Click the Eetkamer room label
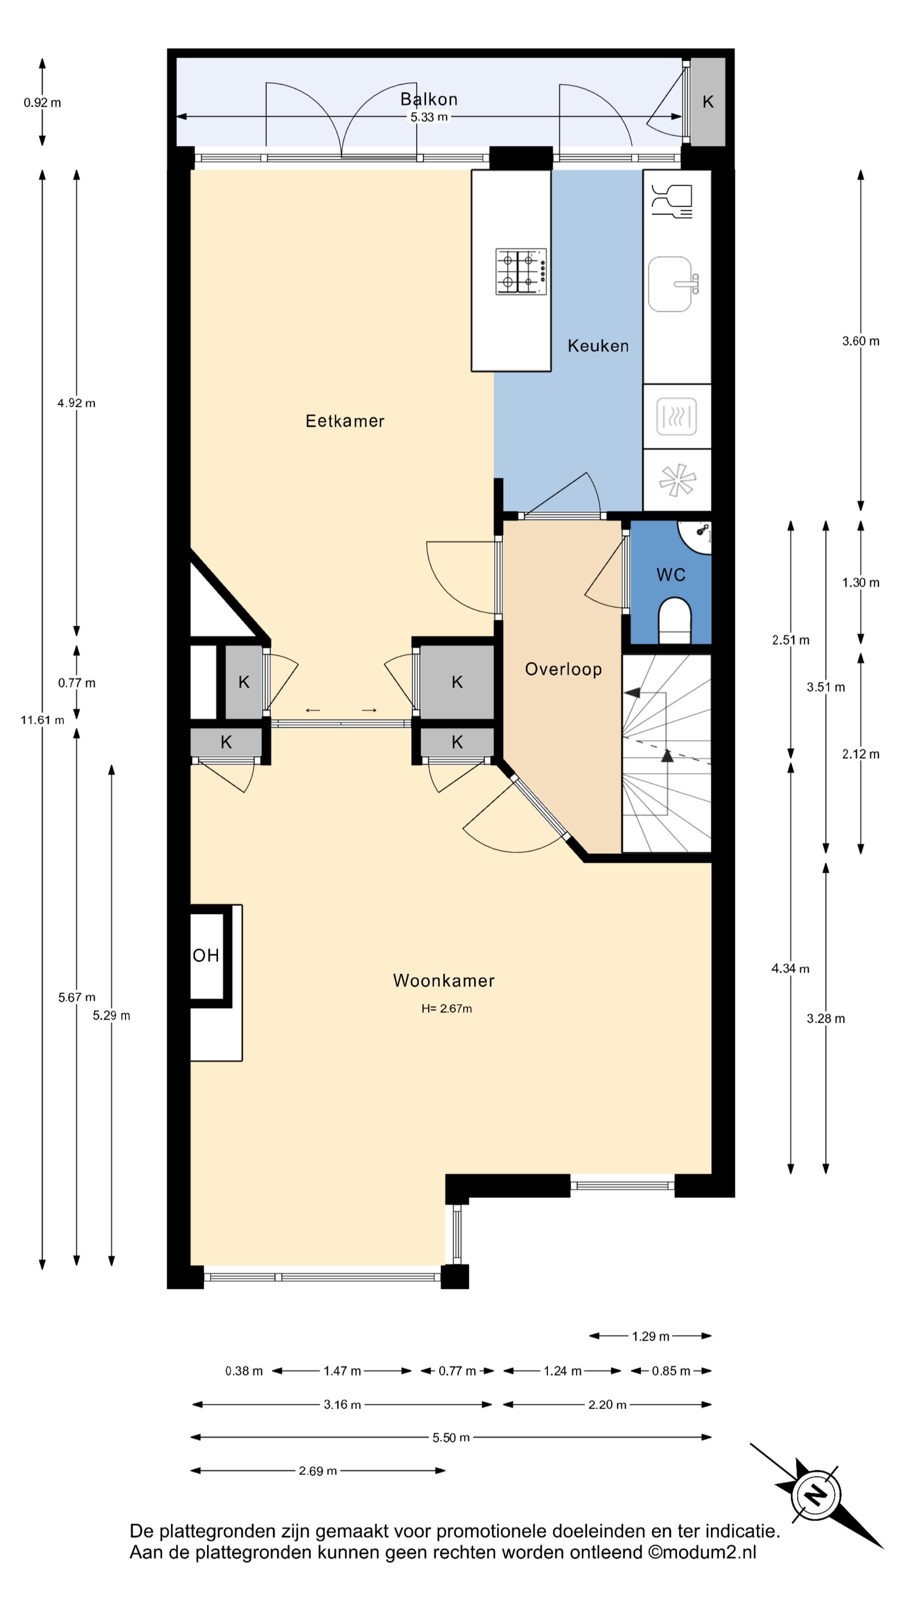tap(344, 421)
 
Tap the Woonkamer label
tap(443, 980)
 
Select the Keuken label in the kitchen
tap(598, 346)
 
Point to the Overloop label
tap(563, 669)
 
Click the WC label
tap(670, 575)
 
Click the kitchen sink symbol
tap(673, 284)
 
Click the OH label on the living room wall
tap(206, 956)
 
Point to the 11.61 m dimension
tap(42, 720)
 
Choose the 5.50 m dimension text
tap(451, 1437)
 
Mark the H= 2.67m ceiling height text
tap(446, 1008)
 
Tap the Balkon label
tap(429, 99)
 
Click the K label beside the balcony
tap(708, 102)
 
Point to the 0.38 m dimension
tap(244, 1371)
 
